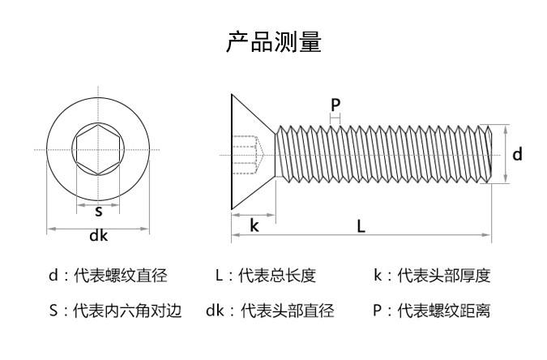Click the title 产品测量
(x=273, y=42)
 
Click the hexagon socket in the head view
(x=98, y=150)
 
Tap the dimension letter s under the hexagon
(x=98, y=211)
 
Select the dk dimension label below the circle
(x=99, y=237)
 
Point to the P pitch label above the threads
(x=335, y=104)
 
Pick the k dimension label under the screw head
(x=254, y=225)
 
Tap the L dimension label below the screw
(x=361, y=226)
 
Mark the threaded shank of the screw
(x=381, y=153)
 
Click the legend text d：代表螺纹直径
(x=108, y=276)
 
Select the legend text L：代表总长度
(x=266, y=276)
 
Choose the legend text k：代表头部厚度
(x=432, y=276)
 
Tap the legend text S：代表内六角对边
(x=116, y=310)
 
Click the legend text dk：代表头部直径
(x=270, y=310)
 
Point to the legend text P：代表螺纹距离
(x=432, y=310)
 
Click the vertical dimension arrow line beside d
(x=506, y=154)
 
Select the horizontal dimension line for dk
(x=98, y=229)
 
